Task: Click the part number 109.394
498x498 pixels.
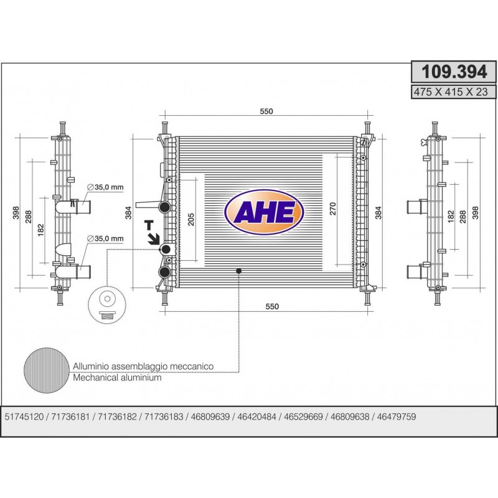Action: coord(454,72)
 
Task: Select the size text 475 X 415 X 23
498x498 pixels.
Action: coord(450,92)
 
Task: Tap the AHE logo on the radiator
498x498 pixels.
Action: coord(264,212)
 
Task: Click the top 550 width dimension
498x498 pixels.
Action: coord(266,111)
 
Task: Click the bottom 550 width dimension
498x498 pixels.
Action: coord(272,306)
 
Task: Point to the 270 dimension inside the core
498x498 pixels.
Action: coord(332,209)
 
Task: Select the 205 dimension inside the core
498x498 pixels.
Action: coord(191,220)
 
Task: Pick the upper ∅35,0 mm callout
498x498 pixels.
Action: coord(105,187)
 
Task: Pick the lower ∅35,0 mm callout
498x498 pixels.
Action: coord(105,238)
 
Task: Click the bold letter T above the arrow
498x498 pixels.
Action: coord(149,225)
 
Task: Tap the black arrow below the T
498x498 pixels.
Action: coord(153,238)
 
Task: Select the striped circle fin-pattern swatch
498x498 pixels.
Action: coord(47,370)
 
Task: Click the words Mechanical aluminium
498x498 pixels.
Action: coord(117,378)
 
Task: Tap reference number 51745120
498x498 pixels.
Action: coord(24,416)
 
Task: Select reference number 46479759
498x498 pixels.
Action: coord(397,416)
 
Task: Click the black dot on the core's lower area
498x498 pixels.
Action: coord(239,271)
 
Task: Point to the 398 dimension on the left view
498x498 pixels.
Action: coord(16,213)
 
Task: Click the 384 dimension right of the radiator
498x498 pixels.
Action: coord(378,213)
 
